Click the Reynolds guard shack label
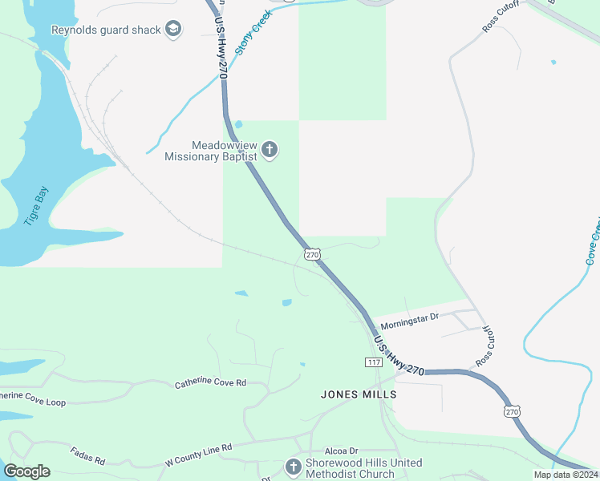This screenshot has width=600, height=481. pos(105,30)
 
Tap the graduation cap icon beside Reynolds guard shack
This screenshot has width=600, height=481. pos(172,30)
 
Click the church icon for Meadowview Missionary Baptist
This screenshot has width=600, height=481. pos(270,150)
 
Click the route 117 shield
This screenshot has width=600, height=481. pos(373,362)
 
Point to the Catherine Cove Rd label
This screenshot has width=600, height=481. pos(210,384)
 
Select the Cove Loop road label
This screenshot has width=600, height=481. pos(32,398)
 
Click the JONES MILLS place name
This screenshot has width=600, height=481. pos(359,394)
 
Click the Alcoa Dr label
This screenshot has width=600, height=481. pos(341,451)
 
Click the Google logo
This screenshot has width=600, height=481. pos(26,471)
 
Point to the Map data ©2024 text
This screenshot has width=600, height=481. pos(566,475)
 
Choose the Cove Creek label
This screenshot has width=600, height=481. pos(593,240)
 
